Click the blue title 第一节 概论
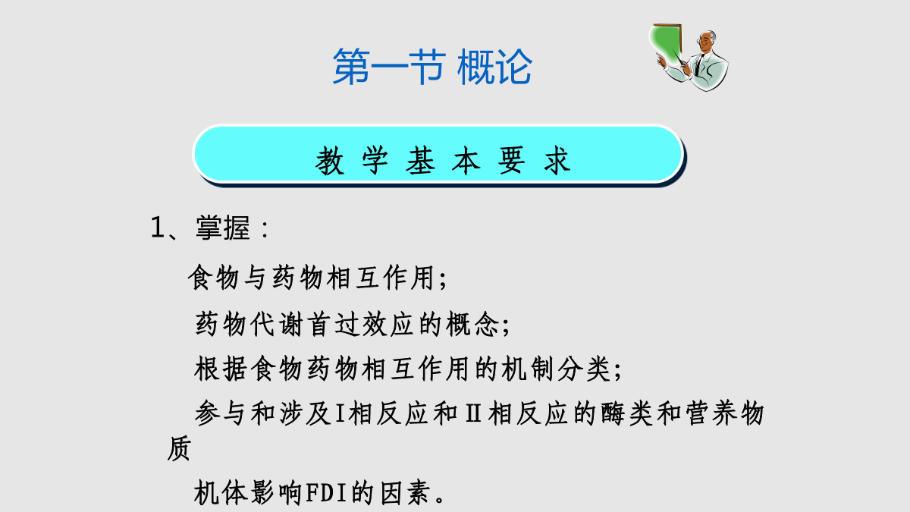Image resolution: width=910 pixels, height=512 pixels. click(432, 66)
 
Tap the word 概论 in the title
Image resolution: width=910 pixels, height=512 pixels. click(494, 66)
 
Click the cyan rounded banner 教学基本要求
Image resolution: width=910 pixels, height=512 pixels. click(439, 155)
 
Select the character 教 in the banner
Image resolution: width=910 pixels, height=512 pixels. click(329, 161)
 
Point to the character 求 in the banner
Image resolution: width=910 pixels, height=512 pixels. click(557, 161)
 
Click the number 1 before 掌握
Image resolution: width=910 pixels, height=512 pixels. click(157, 227)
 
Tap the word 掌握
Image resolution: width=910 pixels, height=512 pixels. click(223, 227)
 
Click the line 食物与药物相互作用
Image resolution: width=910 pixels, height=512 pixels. click(312, 278)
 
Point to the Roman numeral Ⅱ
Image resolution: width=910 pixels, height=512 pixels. click(473, 413)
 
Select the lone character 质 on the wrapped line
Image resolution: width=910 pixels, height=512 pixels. click(179, 448)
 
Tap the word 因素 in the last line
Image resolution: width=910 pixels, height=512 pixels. click(406, 493)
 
